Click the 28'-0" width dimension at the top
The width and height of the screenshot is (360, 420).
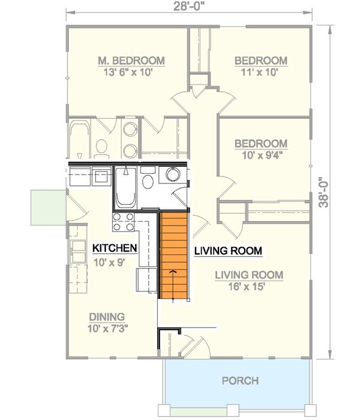(x=191, y=7)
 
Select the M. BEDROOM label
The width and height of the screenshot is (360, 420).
(x=131, y=61)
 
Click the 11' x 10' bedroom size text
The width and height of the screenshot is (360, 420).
(x=260, y=72)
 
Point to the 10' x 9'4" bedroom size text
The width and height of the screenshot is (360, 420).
(x=263, y=155)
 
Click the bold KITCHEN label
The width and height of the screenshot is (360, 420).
(x=115, y=248)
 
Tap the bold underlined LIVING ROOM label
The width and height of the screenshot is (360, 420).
(x=228, y=251)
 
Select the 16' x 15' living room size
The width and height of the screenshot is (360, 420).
(x=247, y=287)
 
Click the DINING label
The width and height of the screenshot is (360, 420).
(x=107, y=317)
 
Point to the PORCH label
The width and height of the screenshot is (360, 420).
(x=241, y=380)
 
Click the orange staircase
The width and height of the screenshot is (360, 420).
(x=173, y=256)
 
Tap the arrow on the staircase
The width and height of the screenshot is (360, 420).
(x=173, y=285)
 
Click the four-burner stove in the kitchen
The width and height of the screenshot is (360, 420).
(x=124, y=222)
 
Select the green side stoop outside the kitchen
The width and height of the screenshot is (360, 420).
(x=49, y=208)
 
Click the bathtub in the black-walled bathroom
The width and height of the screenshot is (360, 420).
(x=126, y=187)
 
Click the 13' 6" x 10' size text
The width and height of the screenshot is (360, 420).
(x=128, y=72)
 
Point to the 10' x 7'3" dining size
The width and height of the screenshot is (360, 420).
(x=107, y=328)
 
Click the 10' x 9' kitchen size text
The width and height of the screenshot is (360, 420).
(x=109, y=263)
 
